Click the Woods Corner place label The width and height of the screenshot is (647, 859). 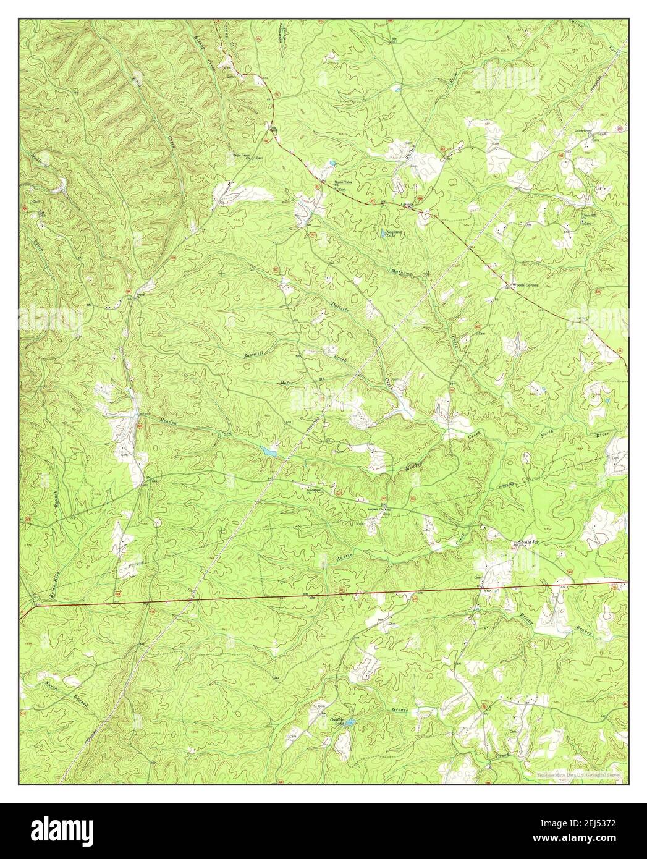point(525,285)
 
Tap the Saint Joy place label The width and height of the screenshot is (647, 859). point(530,542)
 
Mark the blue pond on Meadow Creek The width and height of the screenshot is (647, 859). point(269,451)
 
